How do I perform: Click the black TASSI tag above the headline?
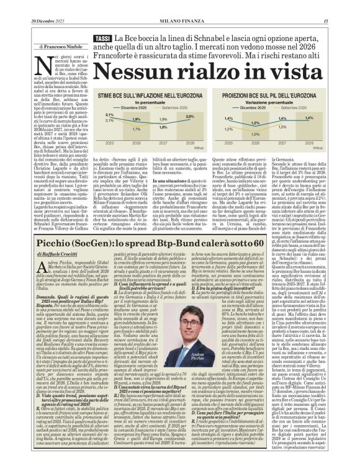pyautogui.click(x=101, y=39)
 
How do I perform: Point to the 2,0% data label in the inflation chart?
pyautogui.click(x=190, y=116)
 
